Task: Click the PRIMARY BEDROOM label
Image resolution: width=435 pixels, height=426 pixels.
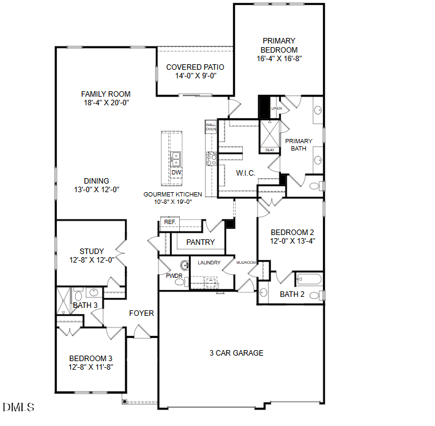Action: coord(279,45)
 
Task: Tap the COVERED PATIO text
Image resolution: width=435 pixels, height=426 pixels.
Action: coord(195,67)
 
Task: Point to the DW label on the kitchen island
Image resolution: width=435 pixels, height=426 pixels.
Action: coord(176,173)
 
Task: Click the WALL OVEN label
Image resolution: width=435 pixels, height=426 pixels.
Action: coord(211,127)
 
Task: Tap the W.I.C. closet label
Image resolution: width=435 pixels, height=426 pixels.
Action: coord(246,173)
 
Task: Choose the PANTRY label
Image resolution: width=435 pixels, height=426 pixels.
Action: coord(201,242)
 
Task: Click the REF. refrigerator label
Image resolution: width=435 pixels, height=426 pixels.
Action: coord(169,222)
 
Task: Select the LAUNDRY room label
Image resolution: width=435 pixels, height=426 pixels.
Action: coord(209,263)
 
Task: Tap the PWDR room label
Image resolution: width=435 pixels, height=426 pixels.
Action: coord(174,276)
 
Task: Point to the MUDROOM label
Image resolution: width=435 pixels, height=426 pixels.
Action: coord(247,263)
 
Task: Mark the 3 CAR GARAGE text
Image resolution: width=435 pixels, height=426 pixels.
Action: coord(237,353)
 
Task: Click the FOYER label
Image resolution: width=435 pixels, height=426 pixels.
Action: coord(141,313)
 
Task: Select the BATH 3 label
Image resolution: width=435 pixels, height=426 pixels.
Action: coord(85,305)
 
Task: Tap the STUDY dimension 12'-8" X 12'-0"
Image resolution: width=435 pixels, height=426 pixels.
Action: coord(92,260)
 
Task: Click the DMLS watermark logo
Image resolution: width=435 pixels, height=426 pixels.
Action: coord(18,407)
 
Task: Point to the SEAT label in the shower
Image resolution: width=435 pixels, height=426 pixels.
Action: coord(269,149)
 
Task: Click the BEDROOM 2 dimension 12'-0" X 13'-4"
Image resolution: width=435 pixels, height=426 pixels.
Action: coord(292,241)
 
